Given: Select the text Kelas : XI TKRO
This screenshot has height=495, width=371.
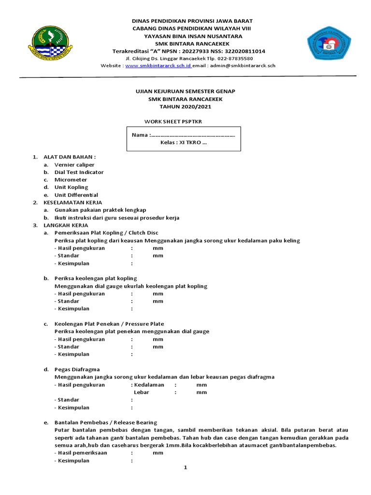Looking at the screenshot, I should tap(184, 143).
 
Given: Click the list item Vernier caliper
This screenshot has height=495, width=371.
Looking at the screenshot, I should tap(74, 165).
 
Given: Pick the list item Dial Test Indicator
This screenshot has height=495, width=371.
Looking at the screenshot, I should tap(79, 172).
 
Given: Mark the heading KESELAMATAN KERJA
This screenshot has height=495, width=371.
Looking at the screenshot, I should tap(72, 203).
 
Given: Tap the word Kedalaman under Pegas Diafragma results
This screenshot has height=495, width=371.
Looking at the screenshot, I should tap(149, 385).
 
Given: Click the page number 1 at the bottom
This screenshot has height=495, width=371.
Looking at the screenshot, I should tap(185, 468).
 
